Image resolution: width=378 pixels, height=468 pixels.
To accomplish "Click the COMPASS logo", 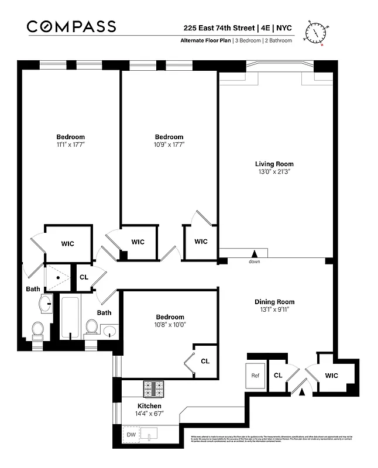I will tap(71, 26).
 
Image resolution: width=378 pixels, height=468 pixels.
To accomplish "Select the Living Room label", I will tap(274, 164).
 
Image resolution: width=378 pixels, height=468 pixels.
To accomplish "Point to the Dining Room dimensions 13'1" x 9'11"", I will tap(272, 309).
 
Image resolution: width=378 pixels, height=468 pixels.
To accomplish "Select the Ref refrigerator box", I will tap(255, 376).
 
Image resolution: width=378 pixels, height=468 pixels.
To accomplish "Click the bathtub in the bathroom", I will tap(70, 317).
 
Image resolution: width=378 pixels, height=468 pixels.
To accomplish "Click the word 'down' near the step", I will tap(254, 261).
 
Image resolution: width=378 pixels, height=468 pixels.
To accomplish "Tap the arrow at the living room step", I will tap(254, 253).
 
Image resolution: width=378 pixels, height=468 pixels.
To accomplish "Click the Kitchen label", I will tap(149, 405).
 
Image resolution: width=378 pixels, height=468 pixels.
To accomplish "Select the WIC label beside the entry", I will tap(331, 375).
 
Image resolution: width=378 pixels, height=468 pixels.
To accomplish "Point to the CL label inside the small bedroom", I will tap(205, 361).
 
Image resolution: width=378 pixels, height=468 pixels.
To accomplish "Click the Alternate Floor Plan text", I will tap(205, 40).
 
